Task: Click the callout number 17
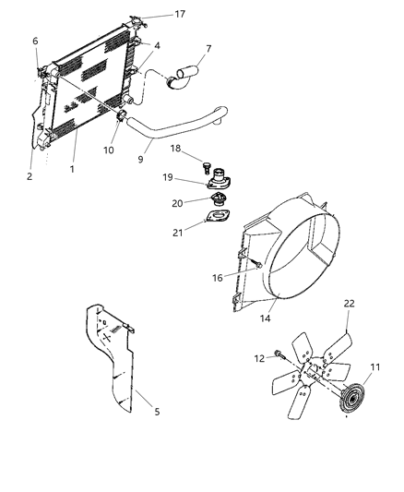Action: coord(180,14)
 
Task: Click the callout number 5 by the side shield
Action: coord(156,411)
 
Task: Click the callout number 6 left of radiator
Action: coord(35,42)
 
